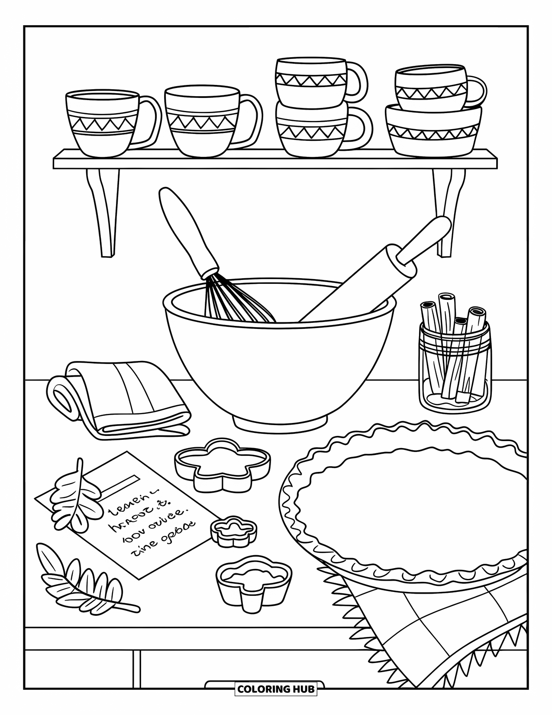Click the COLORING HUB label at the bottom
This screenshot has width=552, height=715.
(x=275, y=689)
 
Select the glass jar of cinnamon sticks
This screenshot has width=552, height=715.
(x=454, y=373)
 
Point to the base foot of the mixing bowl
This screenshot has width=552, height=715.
(x=279, y=423)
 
